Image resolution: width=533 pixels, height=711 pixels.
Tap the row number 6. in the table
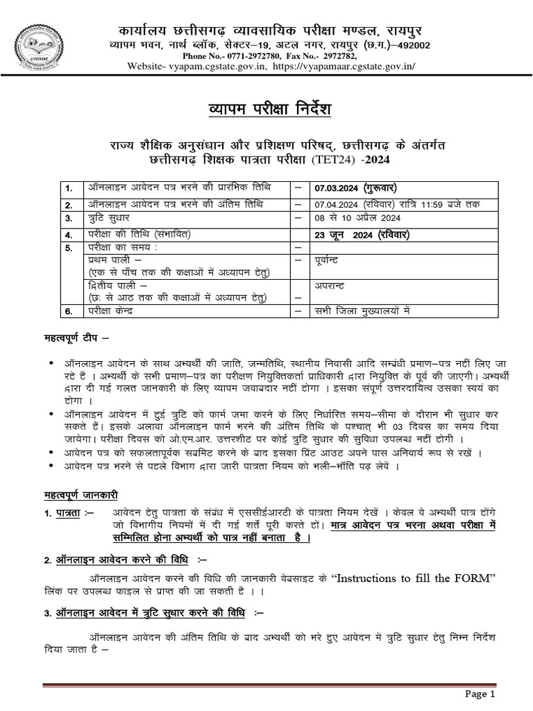click(69, 312)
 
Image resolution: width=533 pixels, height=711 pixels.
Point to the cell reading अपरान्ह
click(329, 285)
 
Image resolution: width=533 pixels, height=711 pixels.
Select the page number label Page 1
click(479, 693)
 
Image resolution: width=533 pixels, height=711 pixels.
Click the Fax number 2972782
click(337, 55)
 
